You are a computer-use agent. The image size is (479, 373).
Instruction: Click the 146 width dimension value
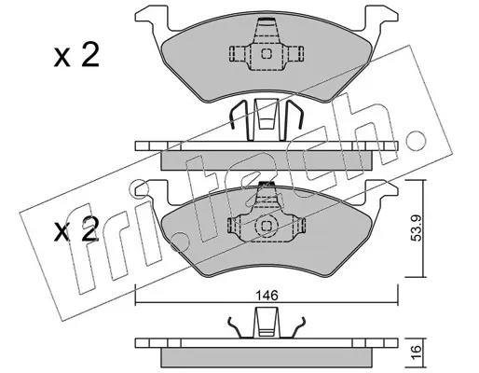click(267, 296)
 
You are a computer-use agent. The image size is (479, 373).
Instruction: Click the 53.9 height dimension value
click(417, 228)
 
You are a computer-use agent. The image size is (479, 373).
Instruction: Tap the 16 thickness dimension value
click(417, 352)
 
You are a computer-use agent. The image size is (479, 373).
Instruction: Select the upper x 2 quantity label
click(76, 55)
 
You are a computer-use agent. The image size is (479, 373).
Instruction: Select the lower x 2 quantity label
click(76, 229)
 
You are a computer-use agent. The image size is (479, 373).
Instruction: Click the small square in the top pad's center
click(267, 54)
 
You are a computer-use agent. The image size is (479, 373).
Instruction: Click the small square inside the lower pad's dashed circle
click(266, 226)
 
